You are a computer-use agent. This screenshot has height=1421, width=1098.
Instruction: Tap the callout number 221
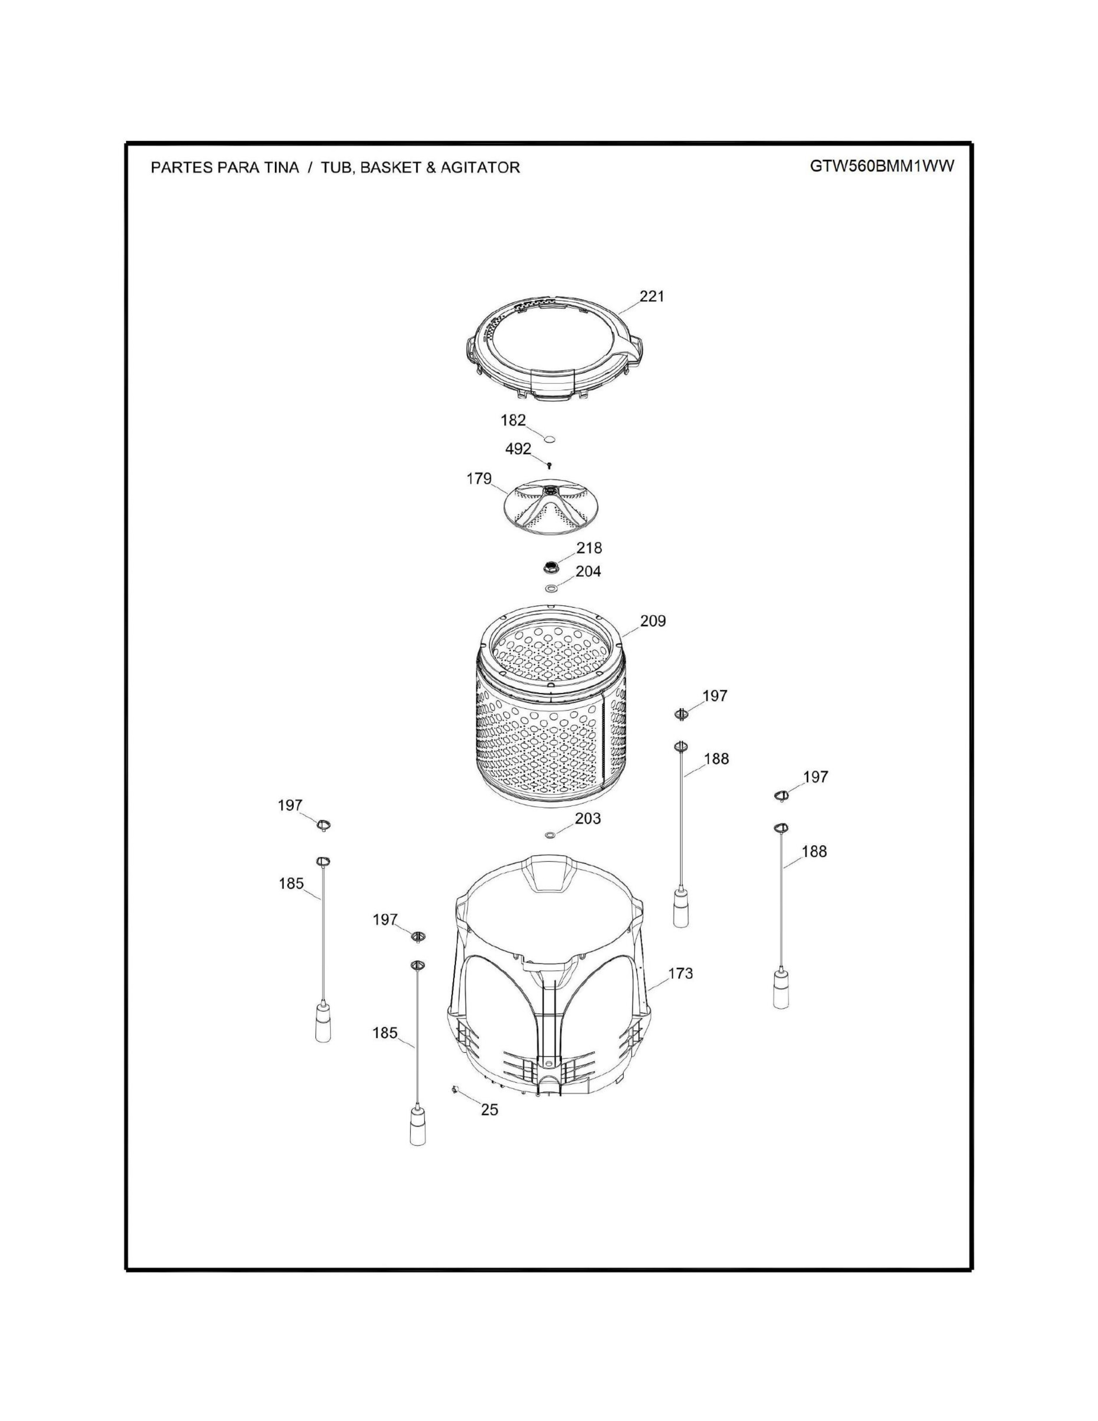pos(652,297)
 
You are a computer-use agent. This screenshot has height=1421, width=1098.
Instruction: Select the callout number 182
pos(512,420)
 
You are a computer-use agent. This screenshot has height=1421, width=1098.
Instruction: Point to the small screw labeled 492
pos(550,465)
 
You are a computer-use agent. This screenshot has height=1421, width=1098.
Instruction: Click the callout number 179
pos(479,479)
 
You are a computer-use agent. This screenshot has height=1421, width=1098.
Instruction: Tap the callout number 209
pos(652,621)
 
